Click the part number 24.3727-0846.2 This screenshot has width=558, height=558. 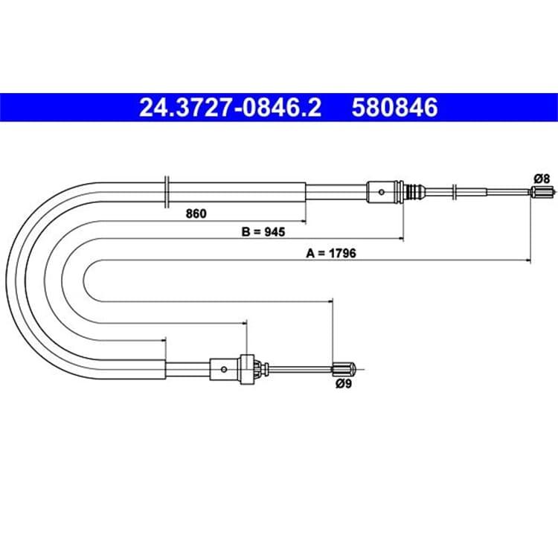click(230, 107)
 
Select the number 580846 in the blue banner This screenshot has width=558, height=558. click(394, 107)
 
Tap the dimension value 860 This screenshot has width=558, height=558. click(196, 214)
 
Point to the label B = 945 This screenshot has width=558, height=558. click(263, 232)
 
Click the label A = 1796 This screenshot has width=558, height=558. click(331, 254)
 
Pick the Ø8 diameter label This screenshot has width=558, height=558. click(542, 179)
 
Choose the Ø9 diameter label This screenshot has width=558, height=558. click(344, 384)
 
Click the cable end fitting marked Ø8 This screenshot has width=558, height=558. click(542, 192)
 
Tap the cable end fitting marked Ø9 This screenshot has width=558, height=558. click(344, 369)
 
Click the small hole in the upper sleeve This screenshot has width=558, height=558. click(382, 192)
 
